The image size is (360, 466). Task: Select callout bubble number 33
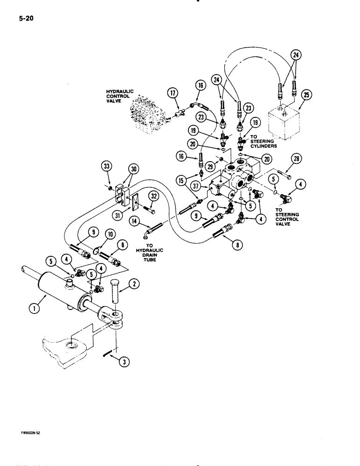click(x=107, y=165)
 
